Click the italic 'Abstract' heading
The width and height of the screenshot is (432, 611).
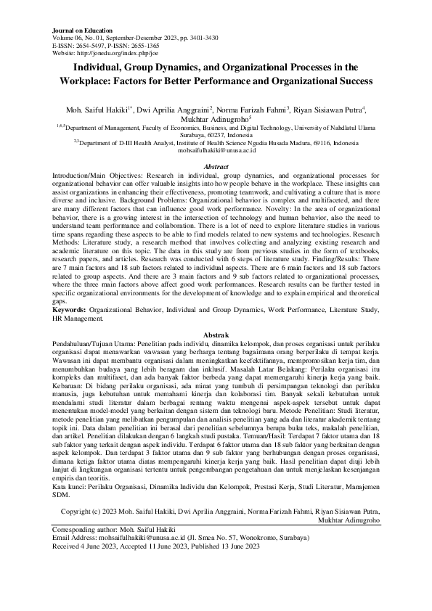(216, 167)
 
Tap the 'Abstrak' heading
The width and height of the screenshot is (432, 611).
(216, 334)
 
